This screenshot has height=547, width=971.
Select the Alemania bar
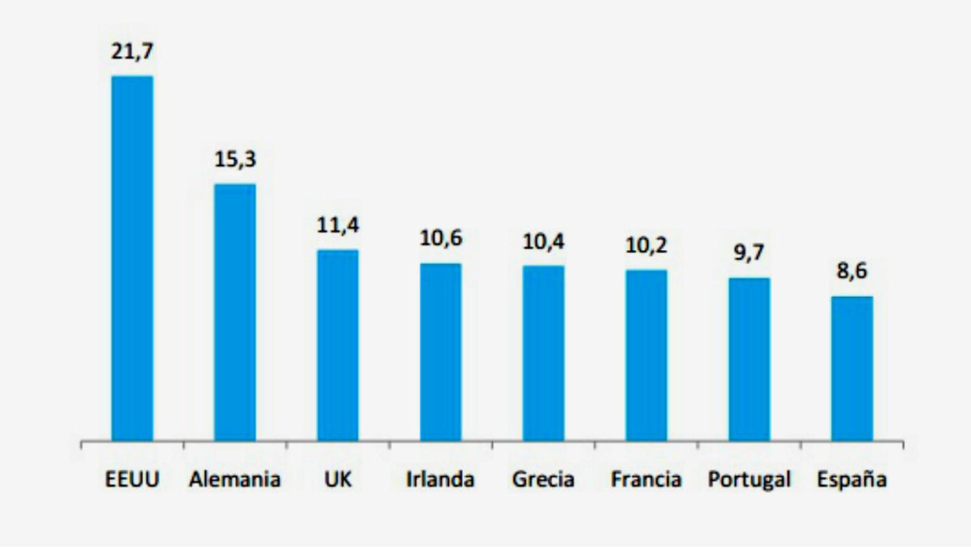click(x=234, y=312)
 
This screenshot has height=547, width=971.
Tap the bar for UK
click(x=338, y=345)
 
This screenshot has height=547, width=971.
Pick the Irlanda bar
click(x=441, y=352)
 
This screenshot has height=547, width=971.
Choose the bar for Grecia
click(x=544, y=353)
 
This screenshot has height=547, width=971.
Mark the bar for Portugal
click(x=749, y=360)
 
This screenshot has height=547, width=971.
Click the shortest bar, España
click(x=851, y=369)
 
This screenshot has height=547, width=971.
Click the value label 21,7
click(x=132, y=52)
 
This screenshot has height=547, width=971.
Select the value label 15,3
click(x=235, y=160)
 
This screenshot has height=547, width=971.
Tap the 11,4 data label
click(x=338, y=226)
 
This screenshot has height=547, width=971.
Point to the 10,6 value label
click(x=441, y=239)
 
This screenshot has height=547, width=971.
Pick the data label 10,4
click(x=544, y=242)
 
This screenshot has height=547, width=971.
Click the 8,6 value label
click(x=851, y=271)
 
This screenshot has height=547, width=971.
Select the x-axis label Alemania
click(x=235, y=479)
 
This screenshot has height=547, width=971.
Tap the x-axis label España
click(x=851, y=479)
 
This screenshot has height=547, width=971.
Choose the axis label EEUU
click(x=132, y=479)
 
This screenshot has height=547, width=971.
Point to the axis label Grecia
click(x=544, y=479)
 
